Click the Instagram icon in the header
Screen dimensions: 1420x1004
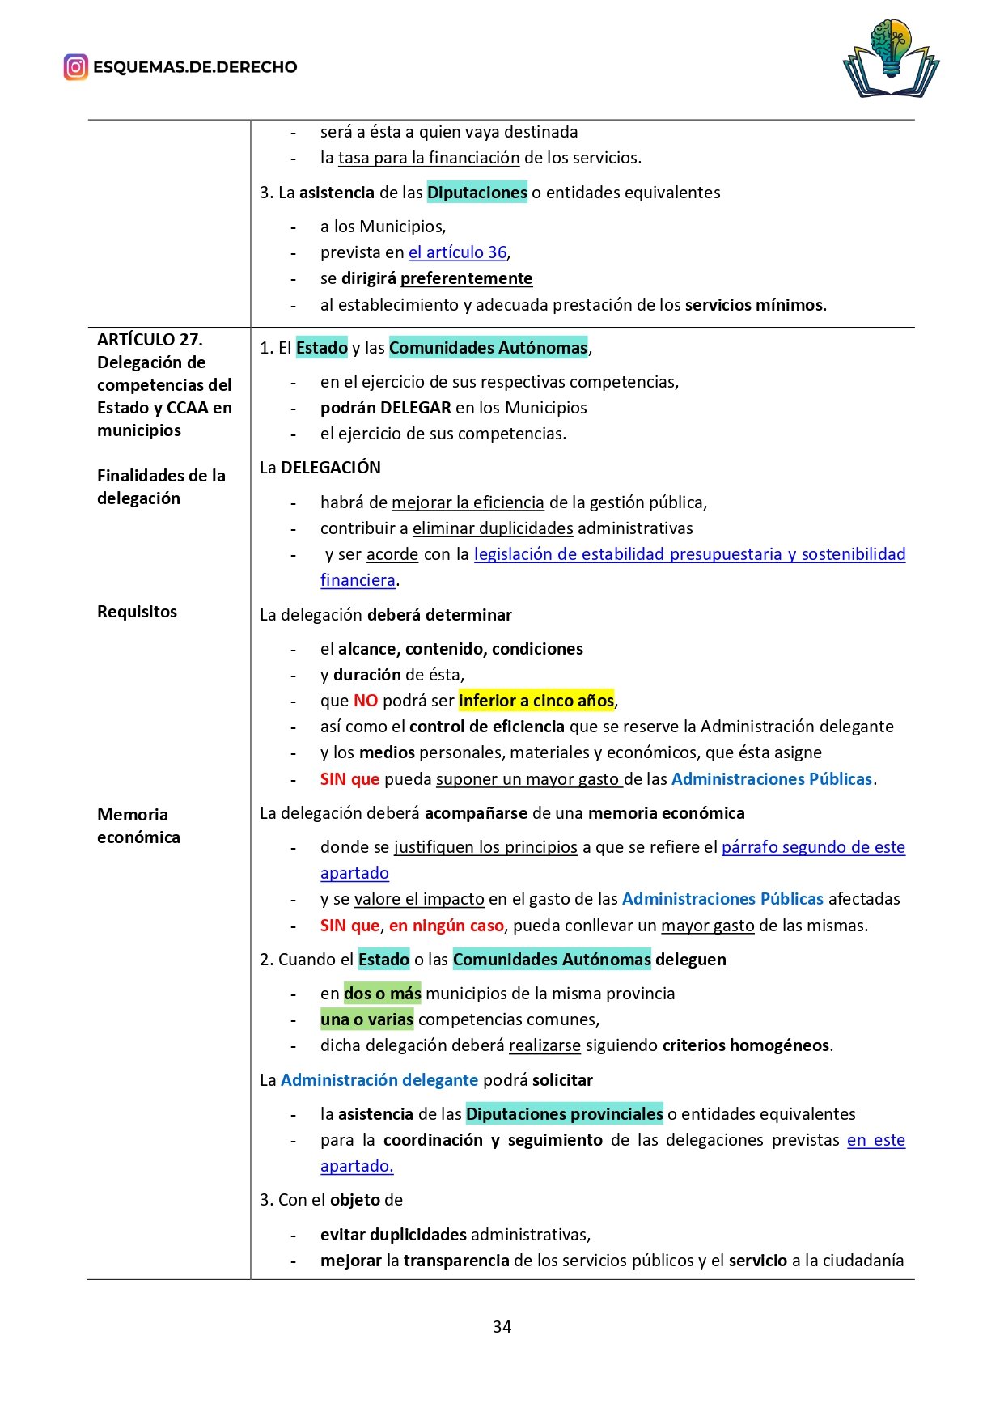pos(75,67)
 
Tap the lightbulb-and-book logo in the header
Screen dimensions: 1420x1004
pos(891,59)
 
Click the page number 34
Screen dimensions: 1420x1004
pos(502,1326)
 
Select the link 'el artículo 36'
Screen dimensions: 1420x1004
pos(457,252)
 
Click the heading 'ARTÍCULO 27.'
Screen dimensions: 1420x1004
pos(150,340)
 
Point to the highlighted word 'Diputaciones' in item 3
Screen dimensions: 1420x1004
pos(477,193)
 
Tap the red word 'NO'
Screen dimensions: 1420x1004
pos(366,701)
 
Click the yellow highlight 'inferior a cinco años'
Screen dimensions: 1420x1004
pos(536,701)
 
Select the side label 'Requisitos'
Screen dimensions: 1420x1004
pos(137,612)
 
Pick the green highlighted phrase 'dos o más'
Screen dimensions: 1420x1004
pos(383,994)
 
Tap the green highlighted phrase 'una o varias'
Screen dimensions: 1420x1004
pos(366,1019)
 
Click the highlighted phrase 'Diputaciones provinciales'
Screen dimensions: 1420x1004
pos(564,1114)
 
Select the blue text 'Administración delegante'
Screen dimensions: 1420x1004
pos(379,1080)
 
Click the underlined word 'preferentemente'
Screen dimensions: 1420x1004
pos(466,278)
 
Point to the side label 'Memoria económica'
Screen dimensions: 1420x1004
pos(138,826)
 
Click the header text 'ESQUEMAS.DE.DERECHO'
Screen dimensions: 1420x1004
pos(195,67)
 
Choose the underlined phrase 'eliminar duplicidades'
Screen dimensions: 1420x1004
pos(493,528)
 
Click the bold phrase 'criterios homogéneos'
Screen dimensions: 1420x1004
pos(745,1045)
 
